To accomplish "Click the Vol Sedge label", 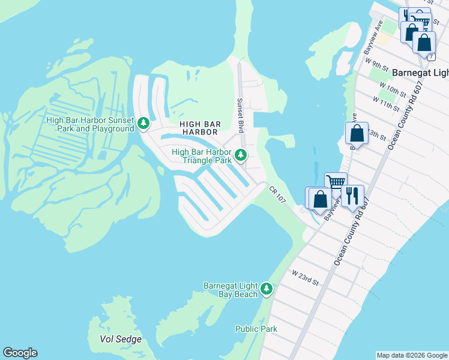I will click(x=121, y=339).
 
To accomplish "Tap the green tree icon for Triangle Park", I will click(x=241, y=156).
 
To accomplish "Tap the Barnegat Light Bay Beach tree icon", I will click(x=267, y=290).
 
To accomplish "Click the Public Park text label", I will click(x=256, y=329).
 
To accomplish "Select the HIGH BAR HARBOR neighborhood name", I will click(x=200, y=128).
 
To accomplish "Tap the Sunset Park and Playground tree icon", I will click(x=143, y=124).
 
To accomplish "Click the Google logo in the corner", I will click(x=20, y=353).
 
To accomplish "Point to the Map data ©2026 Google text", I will click(x=412, y=355).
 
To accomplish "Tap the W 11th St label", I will click(x=385, y=103).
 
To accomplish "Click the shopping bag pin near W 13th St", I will click(x=357, y=133).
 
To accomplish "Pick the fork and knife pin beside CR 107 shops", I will click(x=352, y=196).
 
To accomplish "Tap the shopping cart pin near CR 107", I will click(x=336, y=182).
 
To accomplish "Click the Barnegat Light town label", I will click(x=420, y=72).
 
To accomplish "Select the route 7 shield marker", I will click(x=432, y=56).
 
